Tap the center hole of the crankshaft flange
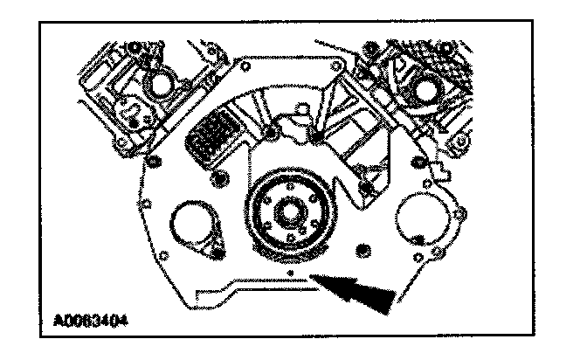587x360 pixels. coord(287,211)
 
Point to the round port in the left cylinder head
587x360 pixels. coord(160,85)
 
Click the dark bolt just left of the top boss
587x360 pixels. coord(271,133)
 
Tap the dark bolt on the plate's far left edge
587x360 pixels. coord(154,161)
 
